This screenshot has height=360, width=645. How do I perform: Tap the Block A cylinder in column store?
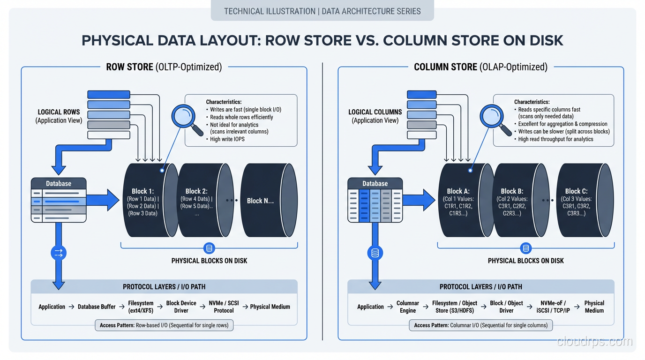point(462,201)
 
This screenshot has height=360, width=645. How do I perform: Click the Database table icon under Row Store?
point(59,200)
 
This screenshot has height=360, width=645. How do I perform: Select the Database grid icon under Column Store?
point(375,200)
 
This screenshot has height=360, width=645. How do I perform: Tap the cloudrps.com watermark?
point(594,341)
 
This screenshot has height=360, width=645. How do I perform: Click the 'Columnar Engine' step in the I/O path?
point(407,307)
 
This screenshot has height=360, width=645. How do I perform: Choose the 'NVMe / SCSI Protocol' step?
point(224,307)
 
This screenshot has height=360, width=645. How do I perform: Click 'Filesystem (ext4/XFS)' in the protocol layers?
point(141,307)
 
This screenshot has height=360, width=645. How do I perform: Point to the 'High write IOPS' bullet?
point(227,139)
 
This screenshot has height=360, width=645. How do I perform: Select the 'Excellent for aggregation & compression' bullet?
point(562,124)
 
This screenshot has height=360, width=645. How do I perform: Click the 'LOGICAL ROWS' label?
point(59,112)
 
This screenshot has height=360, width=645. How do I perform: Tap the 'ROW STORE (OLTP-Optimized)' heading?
point(164,67)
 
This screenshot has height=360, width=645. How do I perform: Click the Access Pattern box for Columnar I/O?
point(480,325)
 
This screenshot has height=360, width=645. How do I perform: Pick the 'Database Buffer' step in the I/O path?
point(97,307)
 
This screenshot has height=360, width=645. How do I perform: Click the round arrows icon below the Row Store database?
point(59,253)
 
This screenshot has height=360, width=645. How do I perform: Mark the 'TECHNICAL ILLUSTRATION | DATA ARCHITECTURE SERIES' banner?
point(322,11)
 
